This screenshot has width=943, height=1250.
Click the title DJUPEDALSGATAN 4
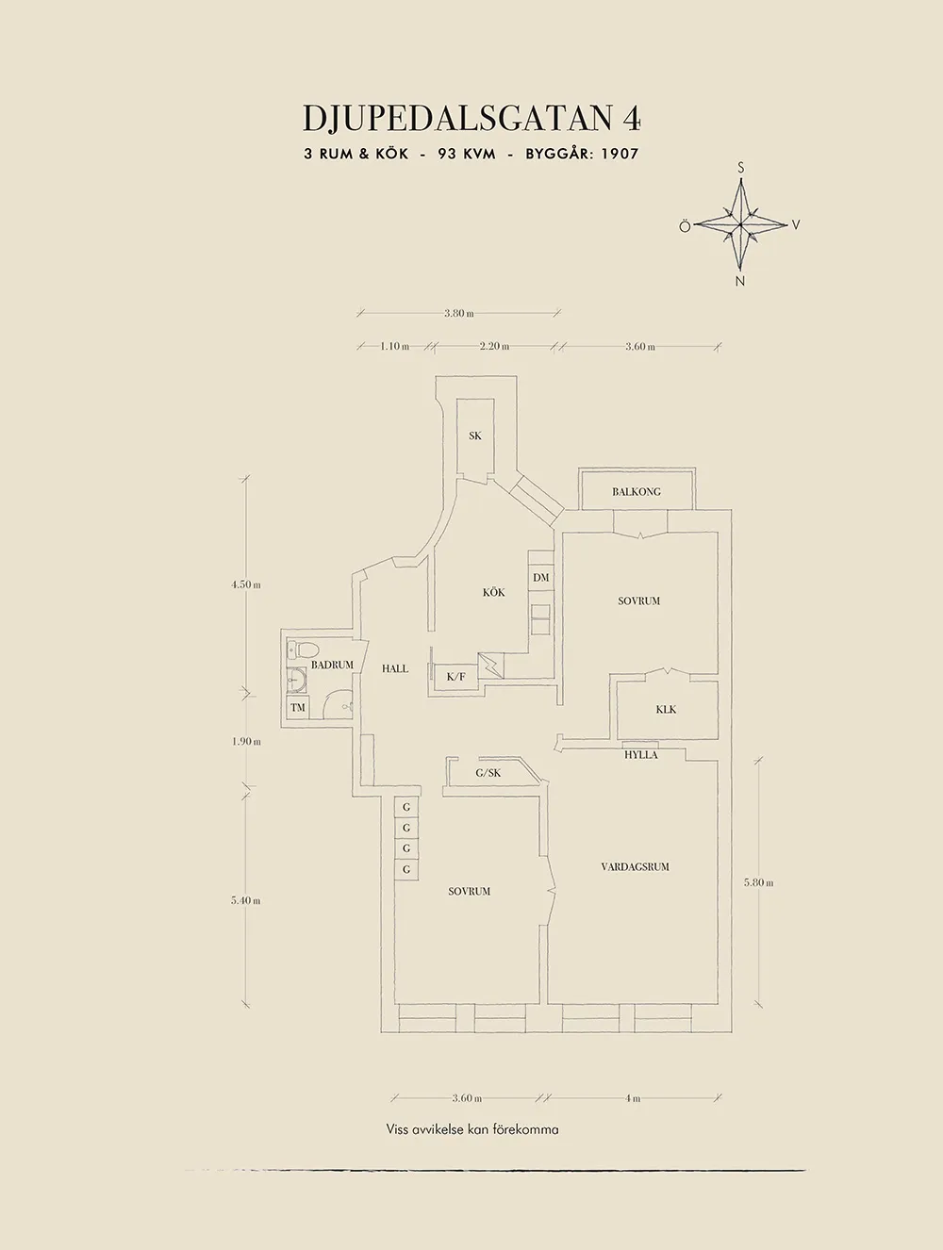471,118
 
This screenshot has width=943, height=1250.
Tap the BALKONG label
637,491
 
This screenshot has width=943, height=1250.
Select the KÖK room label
493,592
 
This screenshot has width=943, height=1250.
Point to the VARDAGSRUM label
635,866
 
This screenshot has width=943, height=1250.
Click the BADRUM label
332,665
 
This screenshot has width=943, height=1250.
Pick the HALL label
395,668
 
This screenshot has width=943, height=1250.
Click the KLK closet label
666,709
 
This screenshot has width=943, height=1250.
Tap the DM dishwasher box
540,578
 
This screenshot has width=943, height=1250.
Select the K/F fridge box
456,676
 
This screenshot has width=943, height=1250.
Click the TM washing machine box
298,707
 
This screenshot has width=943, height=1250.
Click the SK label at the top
475,436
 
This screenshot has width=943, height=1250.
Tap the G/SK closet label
488,773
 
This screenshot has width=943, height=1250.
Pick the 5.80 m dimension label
758,882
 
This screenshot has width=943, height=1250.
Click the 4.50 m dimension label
245,584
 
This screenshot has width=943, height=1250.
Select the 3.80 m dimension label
458,313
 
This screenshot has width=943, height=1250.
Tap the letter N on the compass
740,281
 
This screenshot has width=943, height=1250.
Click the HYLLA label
641,755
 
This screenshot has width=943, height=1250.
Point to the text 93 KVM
467,154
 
